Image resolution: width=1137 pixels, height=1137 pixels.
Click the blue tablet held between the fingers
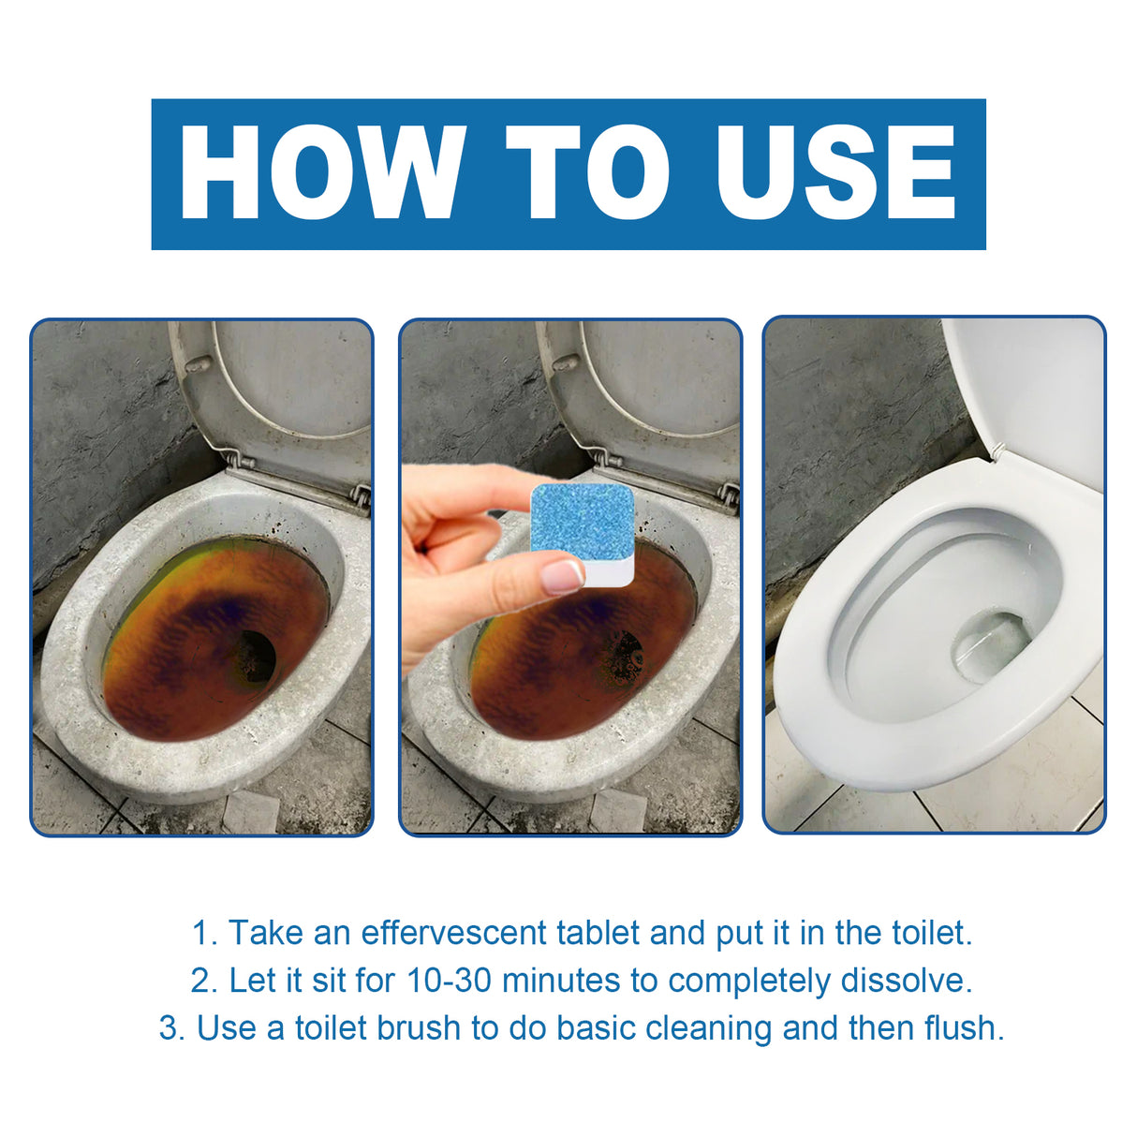click(583, 521)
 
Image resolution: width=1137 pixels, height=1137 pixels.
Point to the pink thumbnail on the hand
click(564, 576)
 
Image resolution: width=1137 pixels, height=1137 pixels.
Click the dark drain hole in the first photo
click(253, 656)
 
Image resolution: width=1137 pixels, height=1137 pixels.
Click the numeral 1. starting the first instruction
click(204, 933)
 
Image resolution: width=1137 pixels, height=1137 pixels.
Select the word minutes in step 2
click(561, 981)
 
